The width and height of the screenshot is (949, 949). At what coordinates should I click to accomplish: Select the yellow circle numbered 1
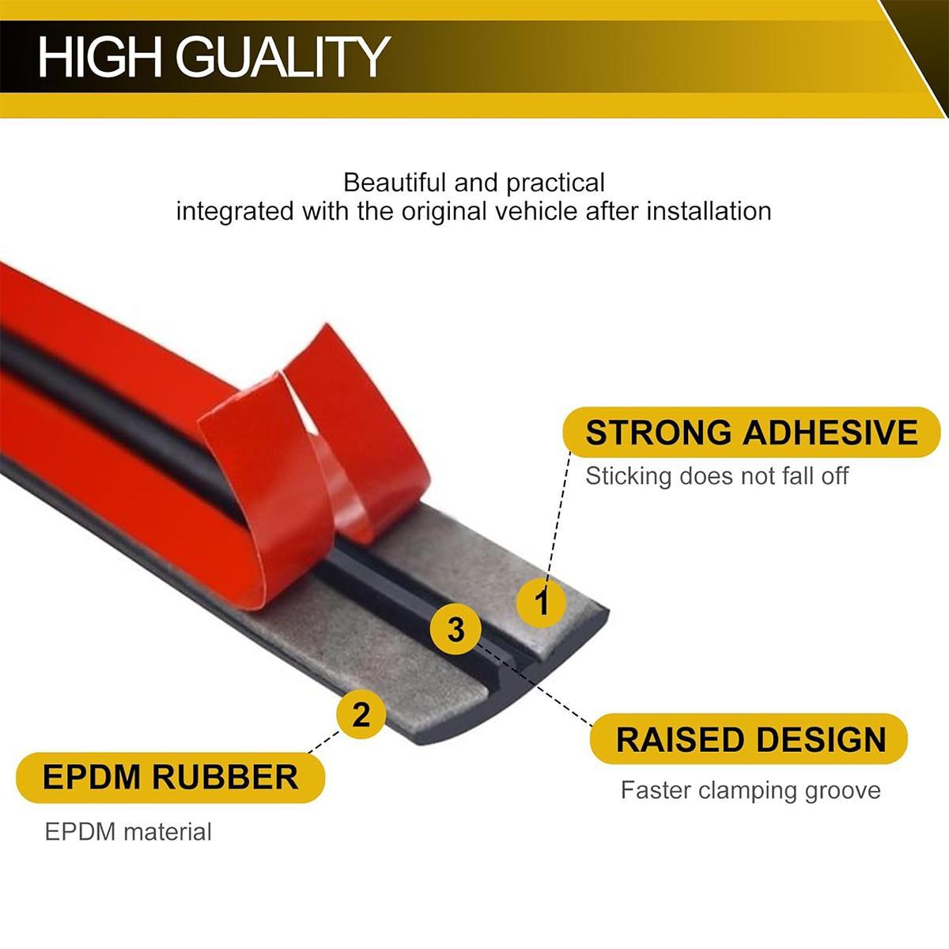pyautogui.click(x=542, y=603)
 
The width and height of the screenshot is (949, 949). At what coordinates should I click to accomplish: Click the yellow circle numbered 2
pyautogui.click(x=361, y=715)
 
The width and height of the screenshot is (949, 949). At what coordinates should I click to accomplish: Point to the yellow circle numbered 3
pyautogui.click(x=456, y=630)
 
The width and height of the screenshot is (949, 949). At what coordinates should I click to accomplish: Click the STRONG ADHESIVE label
pyautogui.click(x=751, y=433)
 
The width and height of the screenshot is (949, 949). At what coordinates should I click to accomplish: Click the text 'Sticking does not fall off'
pyautogui.click(x=716, y=475)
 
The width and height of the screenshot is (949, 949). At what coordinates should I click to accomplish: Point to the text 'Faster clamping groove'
pyautogui.click(x=750, y=790)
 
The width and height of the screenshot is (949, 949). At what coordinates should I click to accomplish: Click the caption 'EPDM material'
pyautogui.click(x=128, y=831)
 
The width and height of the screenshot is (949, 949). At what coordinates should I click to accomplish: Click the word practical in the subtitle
pyautogui.click(x=555, y=183)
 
